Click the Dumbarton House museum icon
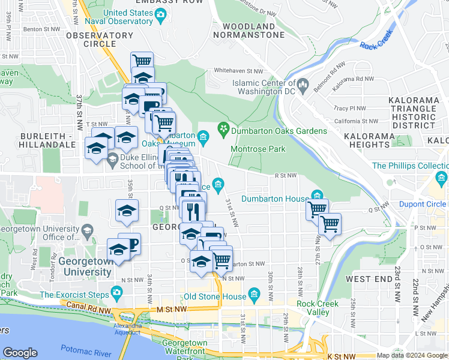316,196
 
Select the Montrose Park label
258,149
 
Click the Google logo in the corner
20,353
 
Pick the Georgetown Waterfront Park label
176,347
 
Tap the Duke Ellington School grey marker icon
112,160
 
